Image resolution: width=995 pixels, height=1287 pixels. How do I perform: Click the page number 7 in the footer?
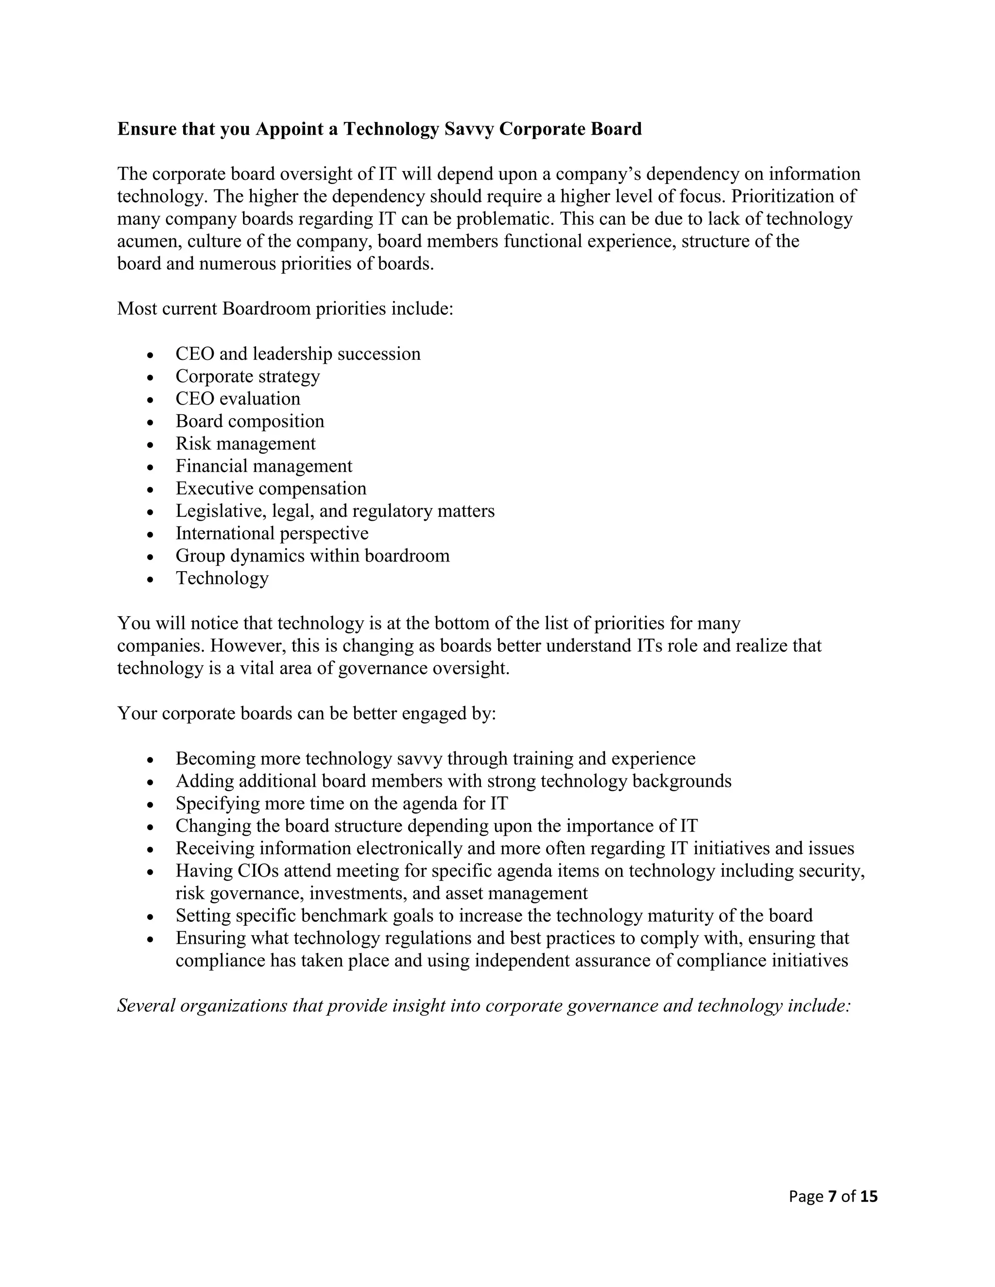click(x=832, y=1196)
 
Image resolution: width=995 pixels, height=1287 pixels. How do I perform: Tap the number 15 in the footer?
click(x=868, y=1196)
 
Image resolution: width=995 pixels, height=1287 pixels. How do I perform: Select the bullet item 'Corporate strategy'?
click(x=248, y=376)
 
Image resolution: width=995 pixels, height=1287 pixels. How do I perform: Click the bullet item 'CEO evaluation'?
click(x=238, y=398)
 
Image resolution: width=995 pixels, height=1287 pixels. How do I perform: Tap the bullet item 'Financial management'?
click(x=263, y=466)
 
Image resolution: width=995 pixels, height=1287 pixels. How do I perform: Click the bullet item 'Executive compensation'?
click(x=271, y=489)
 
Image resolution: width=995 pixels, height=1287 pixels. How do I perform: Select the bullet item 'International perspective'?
click(x=272, y=533)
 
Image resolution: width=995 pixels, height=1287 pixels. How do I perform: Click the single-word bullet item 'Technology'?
click(x=222, y=578)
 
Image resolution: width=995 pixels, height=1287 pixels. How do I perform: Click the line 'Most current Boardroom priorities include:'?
click(x=285, y=309)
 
